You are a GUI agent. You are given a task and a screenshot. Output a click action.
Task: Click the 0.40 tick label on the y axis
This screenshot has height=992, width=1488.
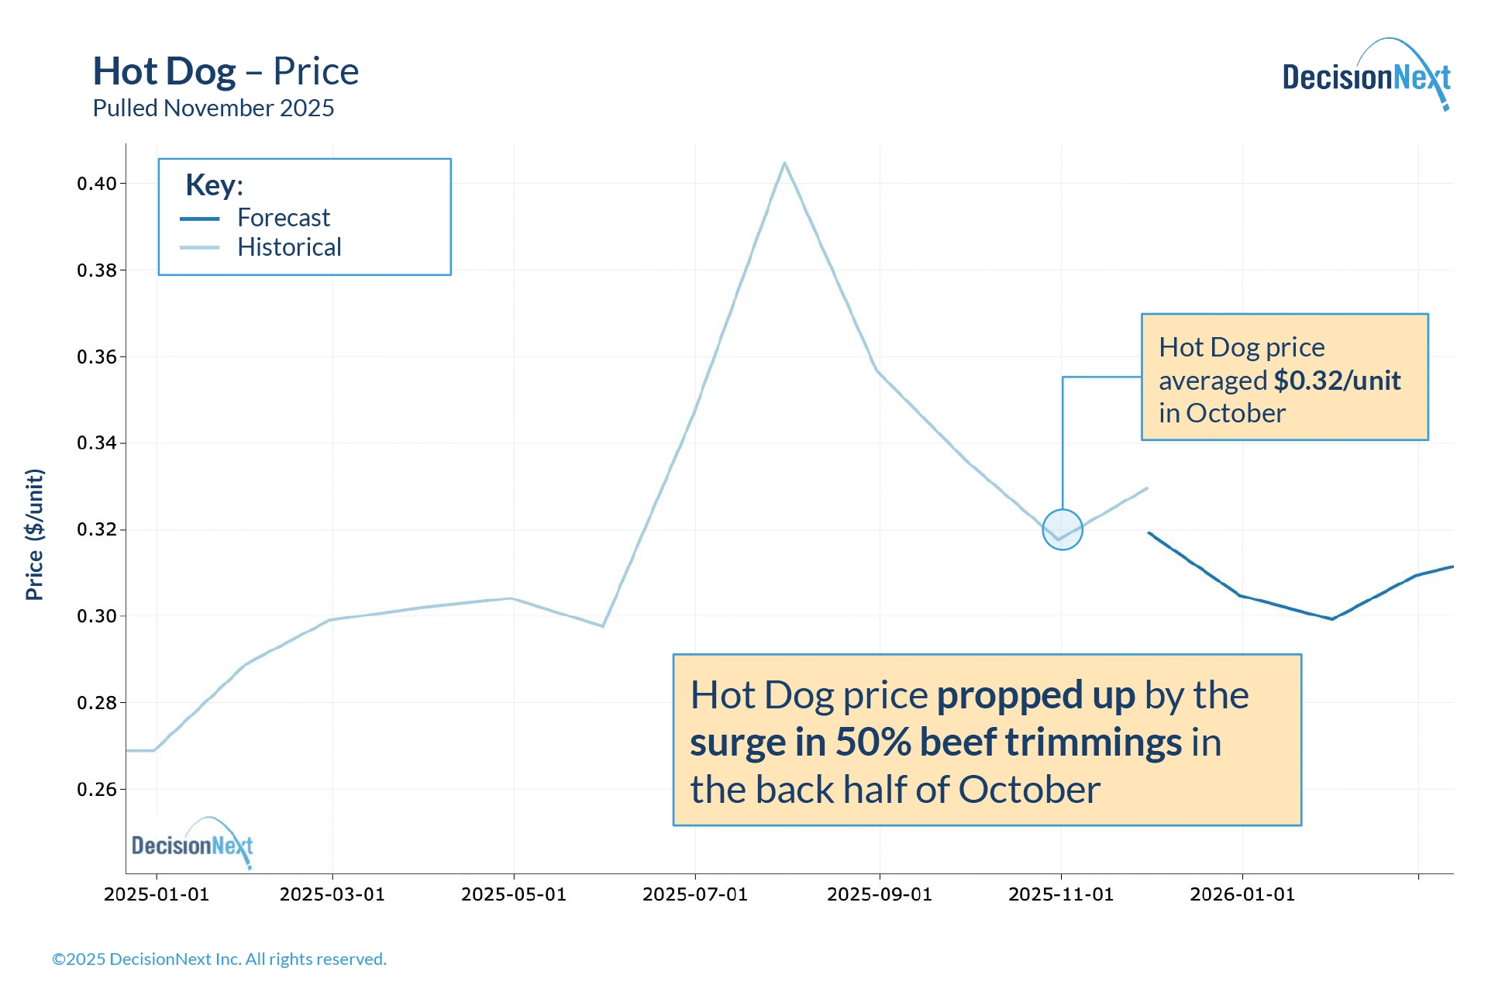[96, 184]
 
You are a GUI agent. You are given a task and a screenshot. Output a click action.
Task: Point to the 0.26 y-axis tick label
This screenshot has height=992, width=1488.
[96, 790]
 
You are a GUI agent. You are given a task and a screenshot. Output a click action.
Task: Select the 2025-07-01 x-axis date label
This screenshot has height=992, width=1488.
[694, 894]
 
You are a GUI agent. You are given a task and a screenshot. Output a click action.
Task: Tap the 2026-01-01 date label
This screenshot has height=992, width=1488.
[1242, 894]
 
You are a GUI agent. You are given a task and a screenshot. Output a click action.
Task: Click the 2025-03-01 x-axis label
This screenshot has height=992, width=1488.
[332, 894]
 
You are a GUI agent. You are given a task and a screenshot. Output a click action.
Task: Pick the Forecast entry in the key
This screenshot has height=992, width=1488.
[283, 218]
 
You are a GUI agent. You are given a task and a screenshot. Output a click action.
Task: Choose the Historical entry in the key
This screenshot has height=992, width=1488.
[288, 247]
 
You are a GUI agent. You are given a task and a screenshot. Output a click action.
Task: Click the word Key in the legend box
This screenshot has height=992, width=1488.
[211, 185]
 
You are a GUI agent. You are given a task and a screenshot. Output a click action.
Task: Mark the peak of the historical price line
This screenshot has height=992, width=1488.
[784, 163]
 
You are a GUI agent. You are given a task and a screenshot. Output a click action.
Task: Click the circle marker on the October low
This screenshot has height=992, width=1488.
[1062, 529]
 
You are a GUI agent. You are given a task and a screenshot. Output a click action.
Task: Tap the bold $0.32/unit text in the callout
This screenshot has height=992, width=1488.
[1337, 381]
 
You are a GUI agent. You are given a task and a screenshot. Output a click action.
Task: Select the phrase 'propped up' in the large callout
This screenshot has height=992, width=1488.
[1035, 695]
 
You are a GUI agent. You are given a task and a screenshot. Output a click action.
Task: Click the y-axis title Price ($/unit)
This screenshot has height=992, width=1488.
[35, 534]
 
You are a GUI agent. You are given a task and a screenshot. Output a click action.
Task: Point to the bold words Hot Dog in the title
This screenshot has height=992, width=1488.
[164, 71]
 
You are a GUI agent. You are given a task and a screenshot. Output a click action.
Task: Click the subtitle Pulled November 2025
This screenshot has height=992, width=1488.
[213, 108]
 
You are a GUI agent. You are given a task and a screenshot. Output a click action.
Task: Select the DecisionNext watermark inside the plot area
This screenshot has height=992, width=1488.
[191, 844]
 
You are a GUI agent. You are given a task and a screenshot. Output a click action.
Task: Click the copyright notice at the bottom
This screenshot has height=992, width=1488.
[219, 959]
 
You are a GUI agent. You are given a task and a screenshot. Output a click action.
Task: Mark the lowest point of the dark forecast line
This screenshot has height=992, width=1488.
[1332, 619]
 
